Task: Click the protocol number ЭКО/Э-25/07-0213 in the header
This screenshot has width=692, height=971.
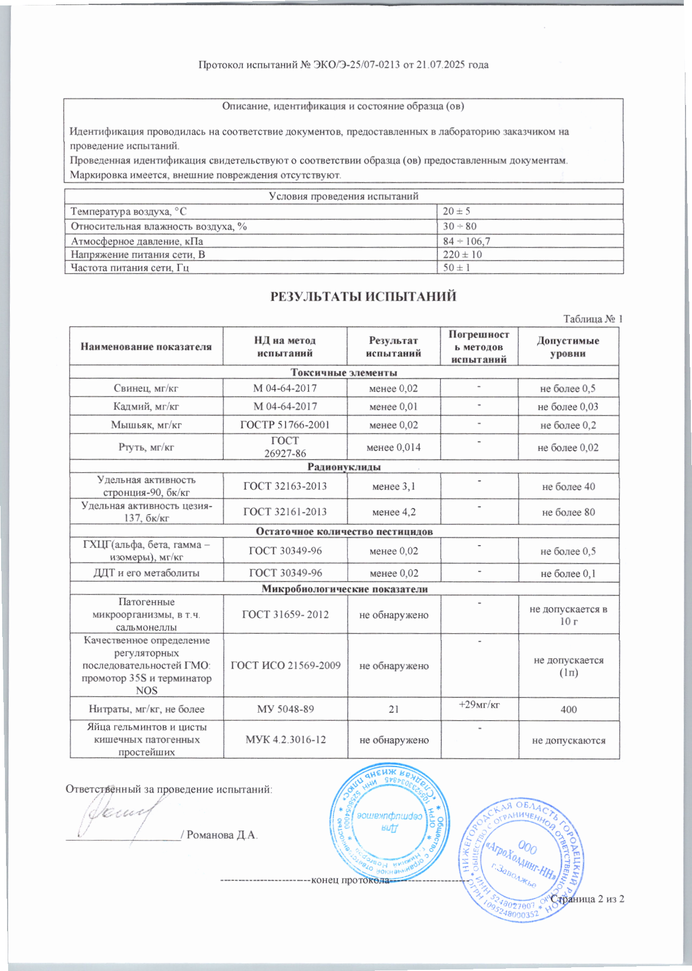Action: [356, 65]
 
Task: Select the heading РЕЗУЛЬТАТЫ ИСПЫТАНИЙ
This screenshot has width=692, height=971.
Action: [363, 296]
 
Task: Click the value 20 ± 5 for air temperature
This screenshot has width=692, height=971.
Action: [456, 211]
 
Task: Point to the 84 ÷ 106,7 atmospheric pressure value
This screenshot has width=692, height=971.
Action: [466, 241]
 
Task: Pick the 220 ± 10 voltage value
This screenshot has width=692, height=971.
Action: [462, 255]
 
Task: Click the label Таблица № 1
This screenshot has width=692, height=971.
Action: [592, 319]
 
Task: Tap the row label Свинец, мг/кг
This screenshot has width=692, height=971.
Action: [146, 388]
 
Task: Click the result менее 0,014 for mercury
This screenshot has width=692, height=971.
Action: [393, 447]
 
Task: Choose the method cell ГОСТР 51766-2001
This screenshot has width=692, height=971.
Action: [285, 425]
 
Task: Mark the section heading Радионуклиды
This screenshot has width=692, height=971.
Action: [344, 467]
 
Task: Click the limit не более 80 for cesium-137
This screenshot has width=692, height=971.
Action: [568, 512]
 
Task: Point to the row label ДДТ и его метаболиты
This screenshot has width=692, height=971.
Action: [146, 573]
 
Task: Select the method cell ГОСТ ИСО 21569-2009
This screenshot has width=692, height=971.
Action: [286, 665]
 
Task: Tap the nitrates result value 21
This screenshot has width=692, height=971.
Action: [393, 709]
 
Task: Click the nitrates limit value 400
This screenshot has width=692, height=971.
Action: [569, 709]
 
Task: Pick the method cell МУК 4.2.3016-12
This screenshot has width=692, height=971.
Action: [286, 740]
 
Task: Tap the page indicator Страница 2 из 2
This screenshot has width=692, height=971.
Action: [588, 899]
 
